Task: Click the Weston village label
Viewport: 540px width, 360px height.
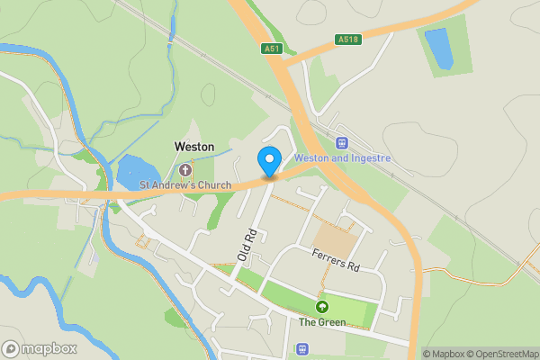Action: (193, 146)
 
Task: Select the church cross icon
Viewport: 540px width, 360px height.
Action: (186, 170)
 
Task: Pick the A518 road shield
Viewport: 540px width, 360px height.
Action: (347, 39)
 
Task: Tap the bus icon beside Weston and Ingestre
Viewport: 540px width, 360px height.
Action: (341, 143)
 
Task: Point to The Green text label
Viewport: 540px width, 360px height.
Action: (322, 322)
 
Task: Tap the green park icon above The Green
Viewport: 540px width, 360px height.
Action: (322, 308)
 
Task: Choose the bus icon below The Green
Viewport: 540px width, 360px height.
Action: (301, 348)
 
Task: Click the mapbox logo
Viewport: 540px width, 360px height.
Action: (40, 348)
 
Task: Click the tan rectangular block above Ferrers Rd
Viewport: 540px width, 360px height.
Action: (336, 239)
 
